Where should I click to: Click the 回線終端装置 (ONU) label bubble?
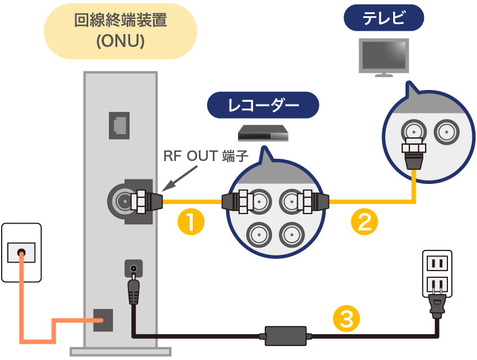click(x=120, y=31)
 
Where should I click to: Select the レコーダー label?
click(x=263, y=105)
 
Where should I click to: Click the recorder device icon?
click(x=263, y=134)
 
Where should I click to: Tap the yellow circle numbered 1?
click(x=190, y=222)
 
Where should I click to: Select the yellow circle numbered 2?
click(x=364, y=222)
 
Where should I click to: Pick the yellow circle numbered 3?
click(x=346, y=319)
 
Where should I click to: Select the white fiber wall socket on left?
click(x=21, y=252)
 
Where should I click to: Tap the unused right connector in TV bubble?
click(x=446, y=132)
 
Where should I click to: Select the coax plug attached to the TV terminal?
click(x=413, y=154)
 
